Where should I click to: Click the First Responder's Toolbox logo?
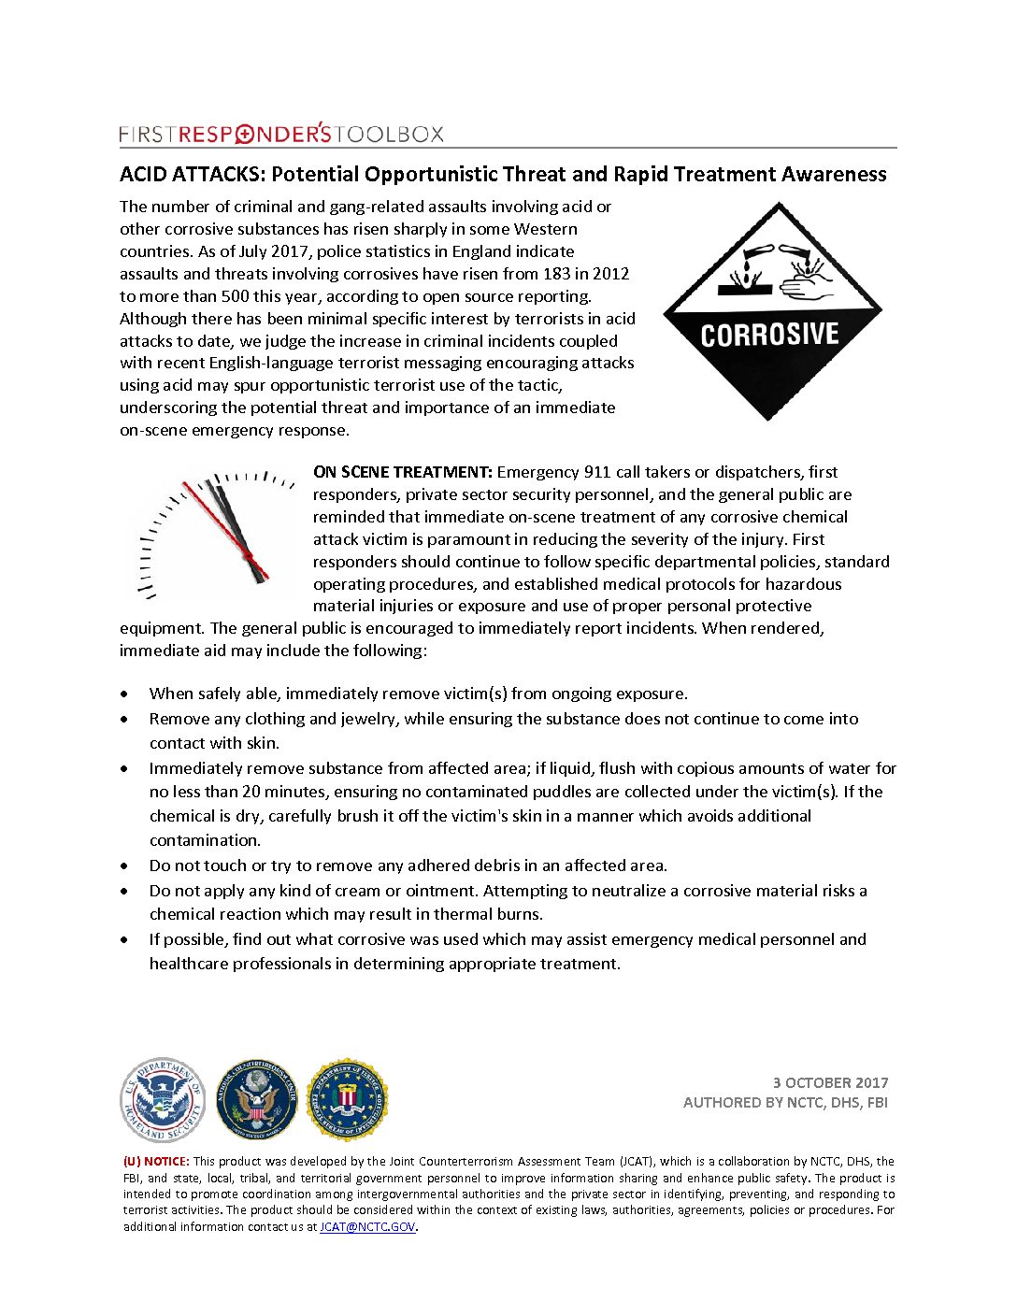pos(281,134)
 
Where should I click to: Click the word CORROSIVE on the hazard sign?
pos(769,336)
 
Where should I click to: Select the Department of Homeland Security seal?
pos(163,1100)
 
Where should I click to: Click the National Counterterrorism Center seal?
pos(256,1100)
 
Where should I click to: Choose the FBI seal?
pos(348,1100)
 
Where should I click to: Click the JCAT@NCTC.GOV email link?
pos(367,1226)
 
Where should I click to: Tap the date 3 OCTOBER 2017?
pos(830,1082)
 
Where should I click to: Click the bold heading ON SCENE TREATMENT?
pos(402,472)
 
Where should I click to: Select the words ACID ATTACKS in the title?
pos(192,175)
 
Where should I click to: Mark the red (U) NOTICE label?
pos(156,1161)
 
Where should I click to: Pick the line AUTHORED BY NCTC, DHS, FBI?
pos(785,1103)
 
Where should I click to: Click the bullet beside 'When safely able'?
pos(125,694)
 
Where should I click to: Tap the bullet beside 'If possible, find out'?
pos(125,940)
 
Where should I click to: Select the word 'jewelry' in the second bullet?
pos(367,719)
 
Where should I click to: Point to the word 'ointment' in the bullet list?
pos(442,891)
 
